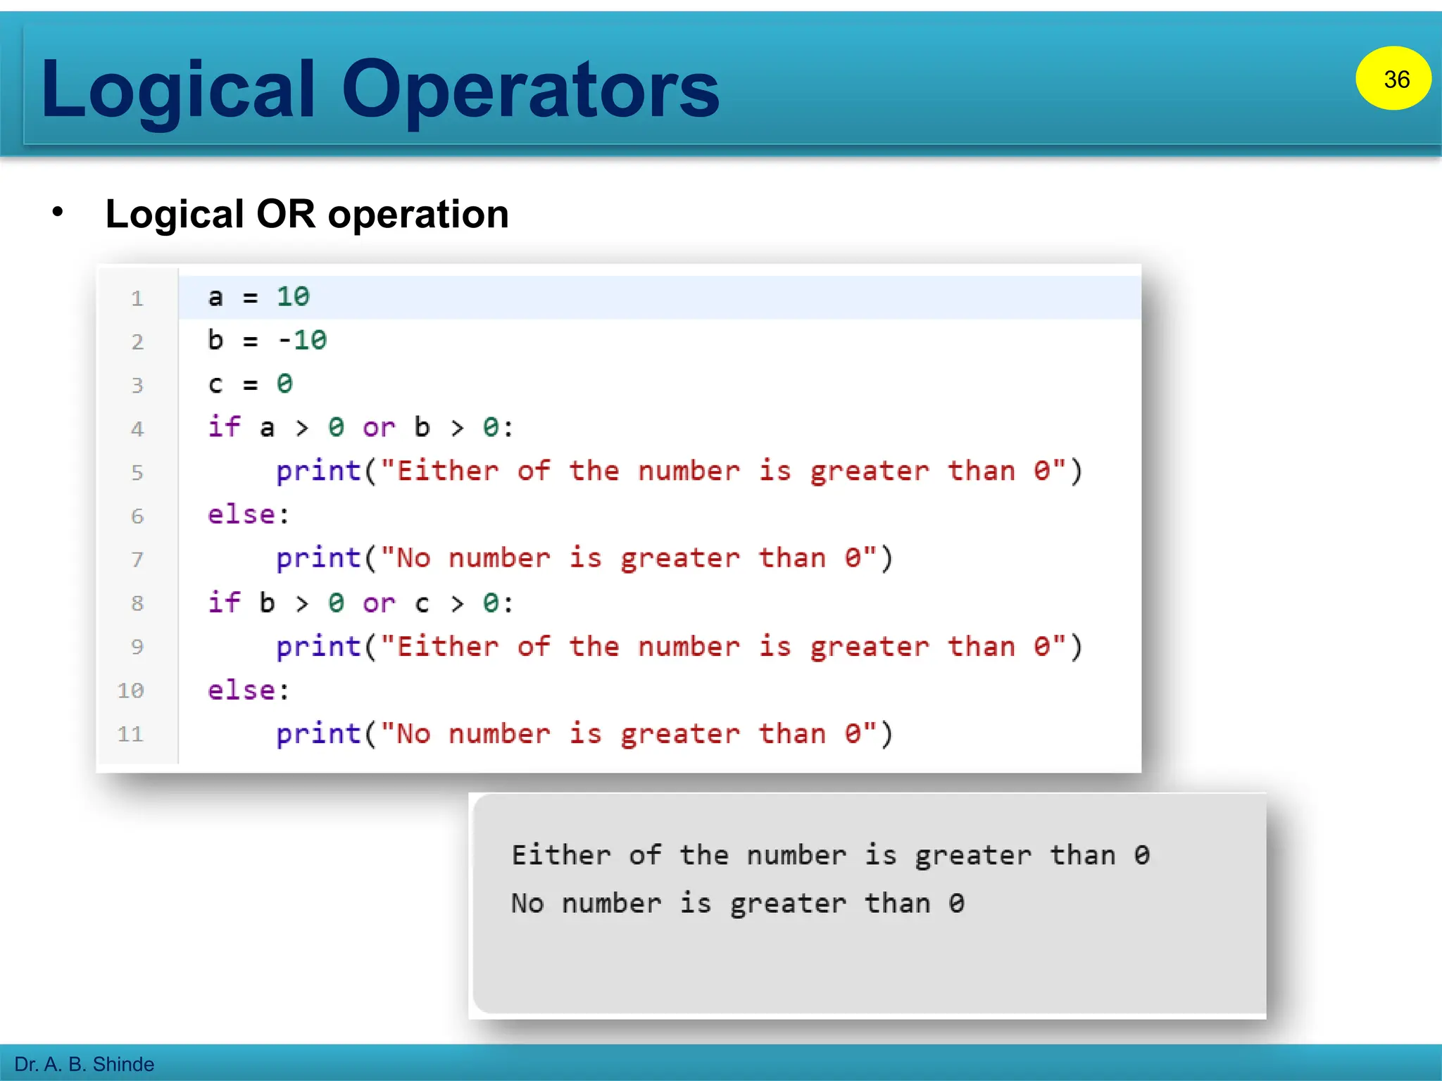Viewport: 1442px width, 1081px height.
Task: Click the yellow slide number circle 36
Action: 1393,78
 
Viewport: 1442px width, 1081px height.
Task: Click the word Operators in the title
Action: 530,89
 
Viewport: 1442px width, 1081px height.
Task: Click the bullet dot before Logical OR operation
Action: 58,211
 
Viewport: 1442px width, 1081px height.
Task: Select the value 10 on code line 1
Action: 293,297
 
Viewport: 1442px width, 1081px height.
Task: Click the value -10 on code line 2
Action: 303,341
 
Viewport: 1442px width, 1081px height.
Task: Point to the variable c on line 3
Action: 215,385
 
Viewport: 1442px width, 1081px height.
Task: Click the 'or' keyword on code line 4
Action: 379,428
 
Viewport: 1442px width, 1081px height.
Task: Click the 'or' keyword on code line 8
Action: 379,604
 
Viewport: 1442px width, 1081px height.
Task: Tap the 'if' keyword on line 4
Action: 224,427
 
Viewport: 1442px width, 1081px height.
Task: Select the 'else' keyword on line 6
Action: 242,514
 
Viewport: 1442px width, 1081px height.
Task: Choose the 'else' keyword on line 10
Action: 242,690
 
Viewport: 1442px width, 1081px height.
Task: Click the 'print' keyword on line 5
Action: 318,472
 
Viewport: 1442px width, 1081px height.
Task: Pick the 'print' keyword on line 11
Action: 318,735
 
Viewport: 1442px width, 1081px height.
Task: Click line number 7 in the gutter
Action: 137,560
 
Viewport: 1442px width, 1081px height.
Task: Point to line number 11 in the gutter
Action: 130,735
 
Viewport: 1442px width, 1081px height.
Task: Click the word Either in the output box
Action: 561,856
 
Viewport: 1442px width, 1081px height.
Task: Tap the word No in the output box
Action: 527,904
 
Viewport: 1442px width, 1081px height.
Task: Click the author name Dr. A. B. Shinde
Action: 84,1064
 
